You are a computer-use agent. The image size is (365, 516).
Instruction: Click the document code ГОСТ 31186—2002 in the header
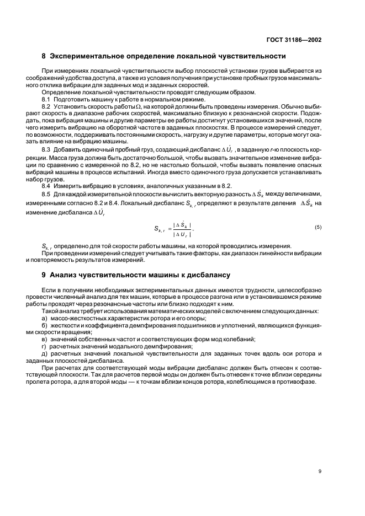292,39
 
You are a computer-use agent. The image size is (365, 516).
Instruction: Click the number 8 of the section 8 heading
44,56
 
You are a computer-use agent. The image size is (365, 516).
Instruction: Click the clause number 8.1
46,99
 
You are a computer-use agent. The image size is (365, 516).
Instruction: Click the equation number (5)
318,227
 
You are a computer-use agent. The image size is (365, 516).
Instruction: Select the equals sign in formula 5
166,228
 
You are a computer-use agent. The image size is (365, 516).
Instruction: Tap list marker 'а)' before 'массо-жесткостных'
45,318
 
